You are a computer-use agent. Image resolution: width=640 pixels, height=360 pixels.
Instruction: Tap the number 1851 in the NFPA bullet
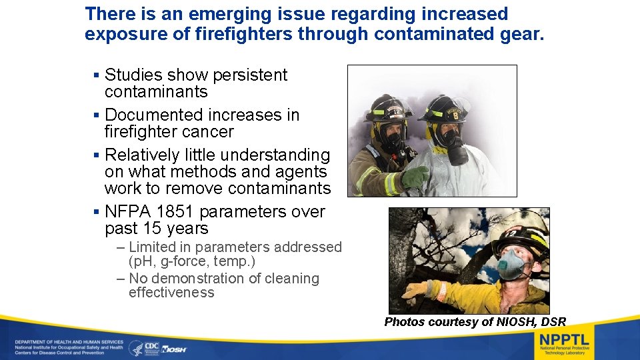click(175, 212)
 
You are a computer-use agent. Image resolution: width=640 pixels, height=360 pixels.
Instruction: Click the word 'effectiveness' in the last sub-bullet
click(171, 293)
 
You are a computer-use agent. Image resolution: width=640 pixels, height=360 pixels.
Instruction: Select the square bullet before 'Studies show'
click(97, 76)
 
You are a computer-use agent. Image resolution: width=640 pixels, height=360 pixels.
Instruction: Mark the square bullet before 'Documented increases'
click(97, 116)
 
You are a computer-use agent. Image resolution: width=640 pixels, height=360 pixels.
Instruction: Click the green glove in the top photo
click(415, 177)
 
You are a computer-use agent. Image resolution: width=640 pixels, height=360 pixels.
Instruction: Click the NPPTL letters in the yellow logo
click(564, 337)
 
